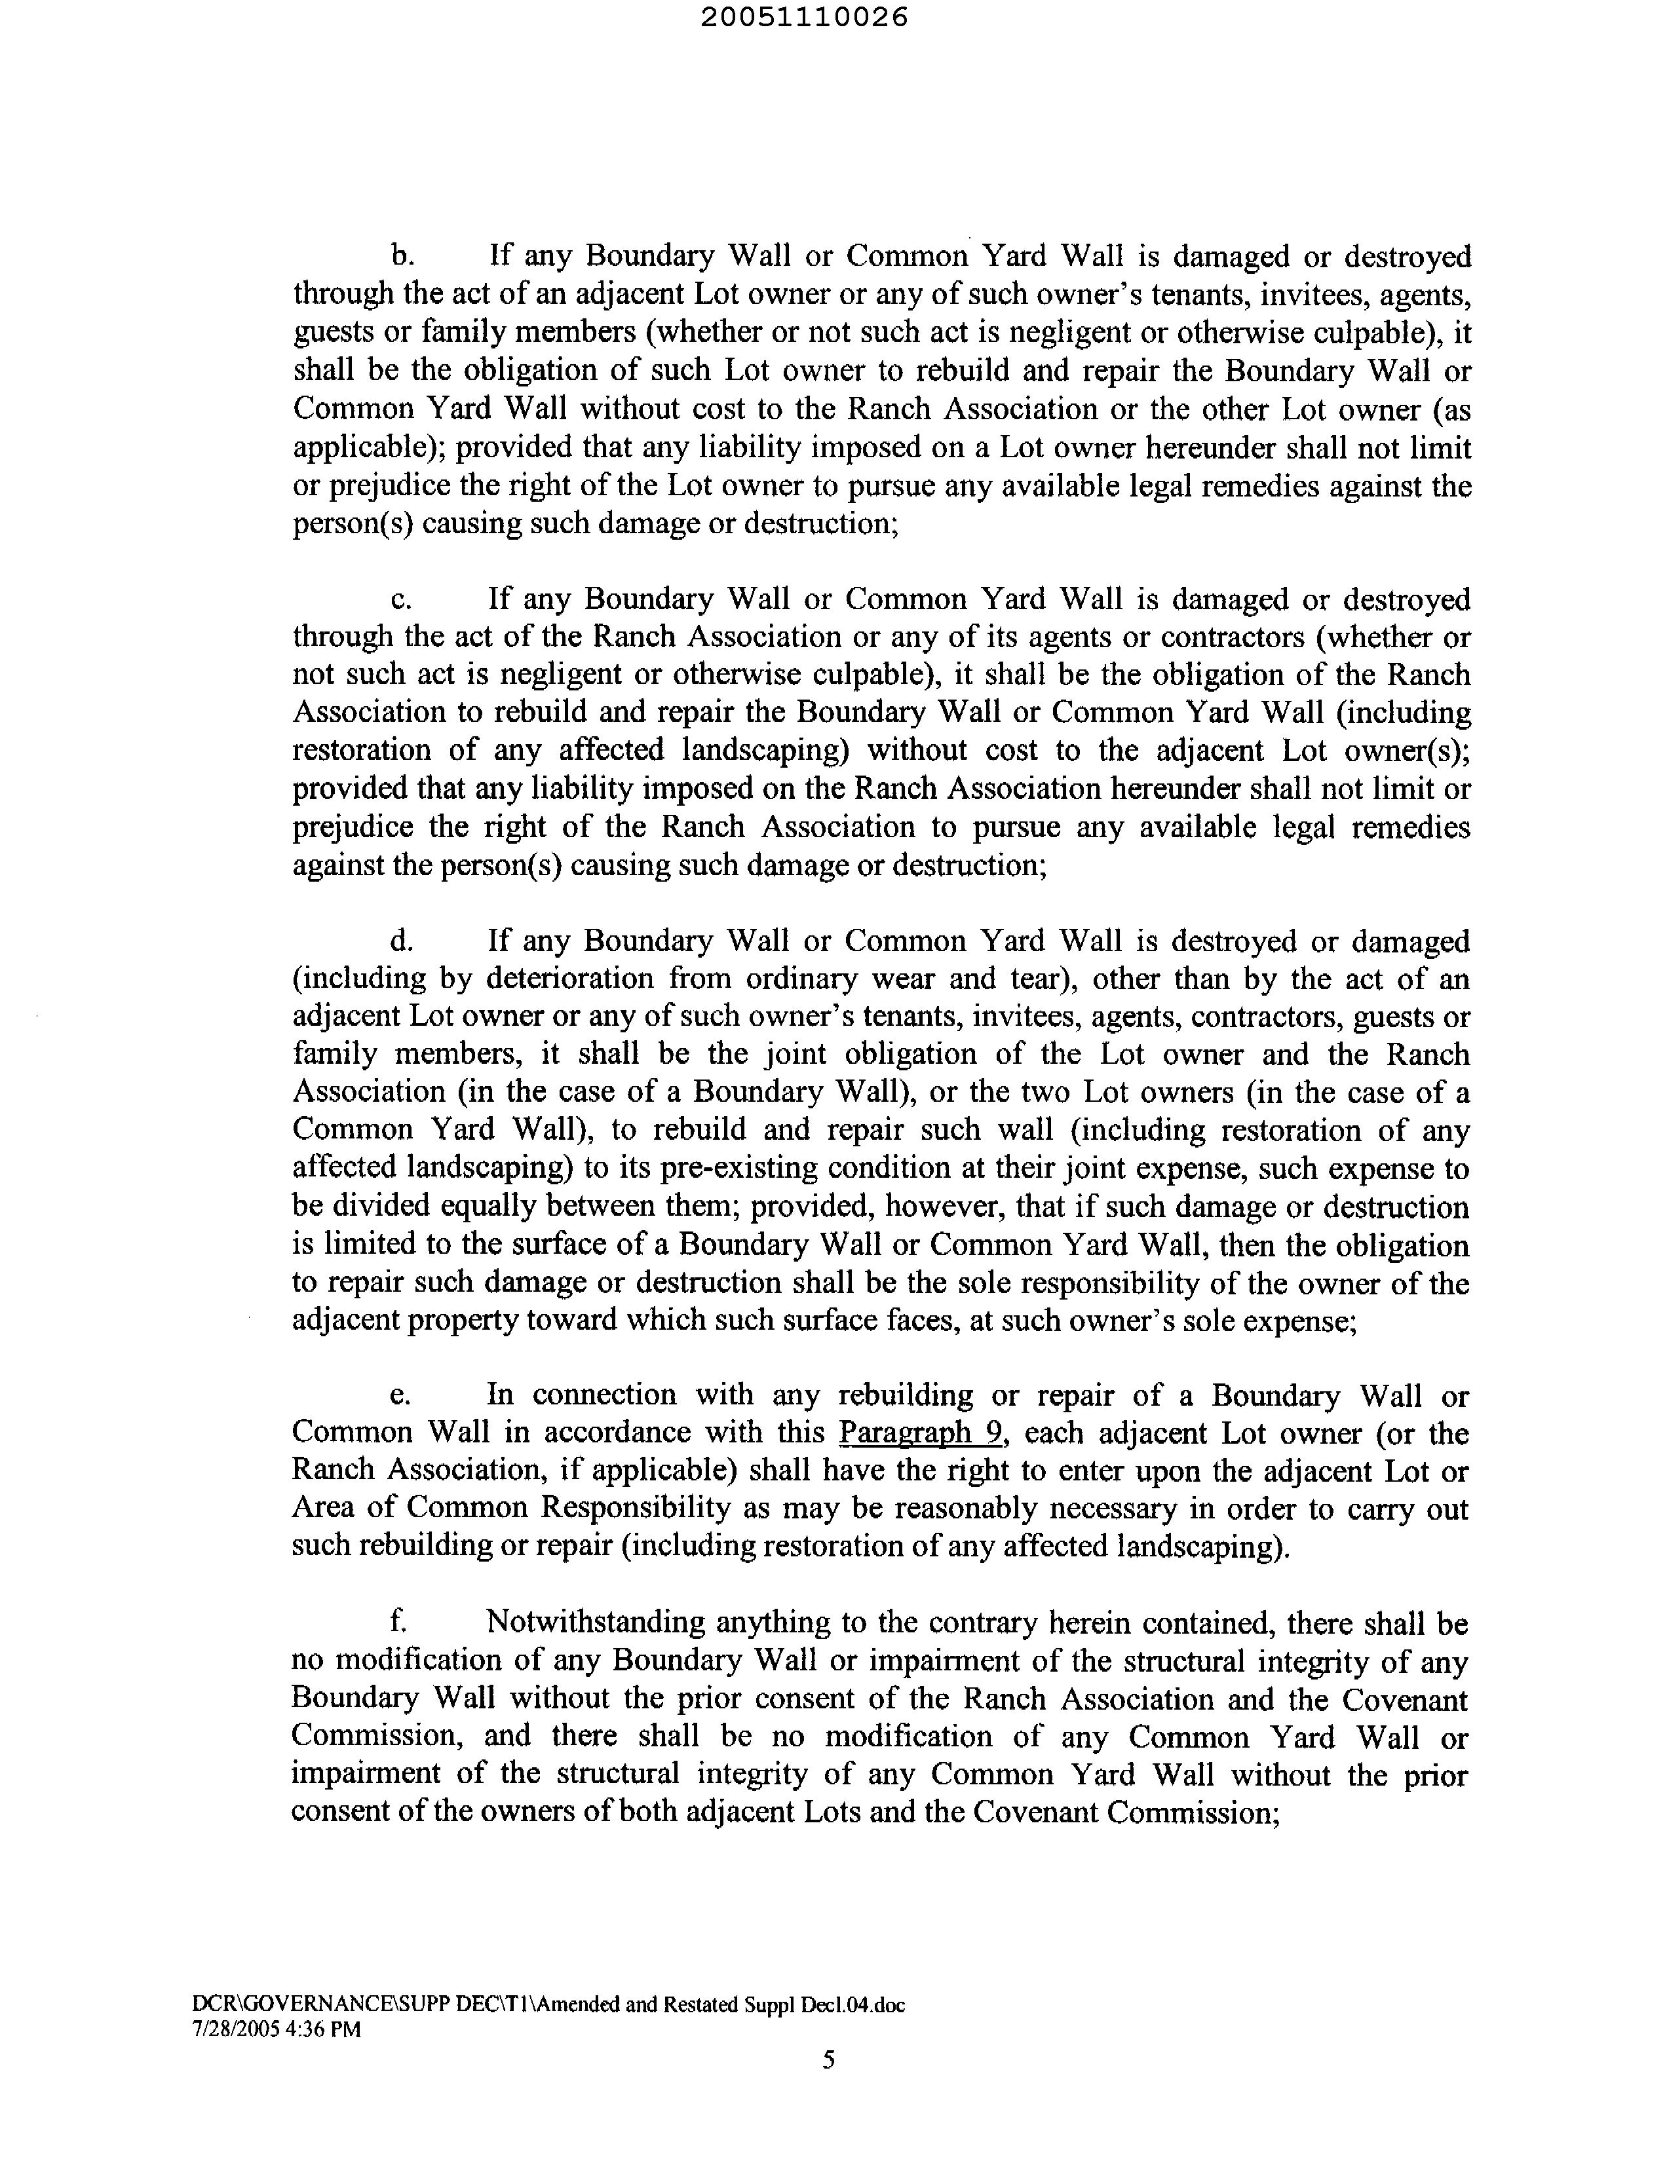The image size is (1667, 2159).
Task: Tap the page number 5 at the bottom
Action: coord(828,2059)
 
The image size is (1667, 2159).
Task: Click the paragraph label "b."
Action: coord(402,256)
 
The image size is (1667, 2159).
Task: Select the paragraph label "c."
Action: coord(400,599)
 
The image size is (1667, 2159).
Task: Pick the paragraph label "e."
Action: coord(400,1395)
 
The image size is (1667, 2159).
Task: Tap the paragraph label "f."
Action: coord(398,1623)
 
